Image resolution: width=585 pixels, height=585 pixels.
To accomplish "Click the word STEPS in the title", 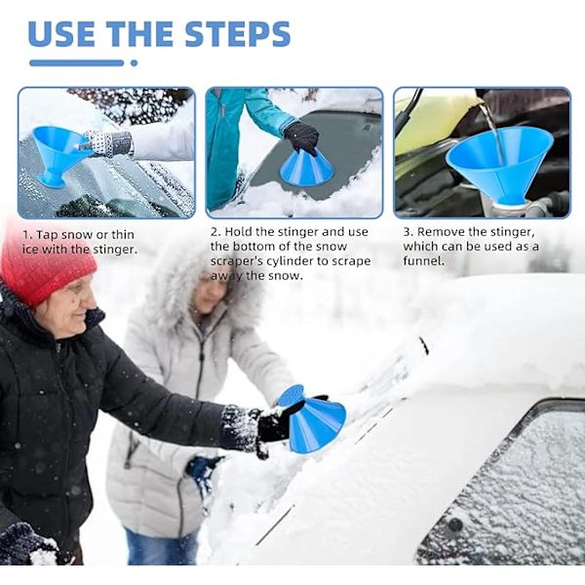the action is click(x=237, y=33).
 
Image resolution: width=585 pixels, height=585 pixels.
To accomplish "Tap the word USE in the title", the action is click(x=61, y=33).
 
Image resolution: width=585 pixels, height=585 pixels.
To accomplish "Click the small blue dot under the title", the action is click(x=134, y=63).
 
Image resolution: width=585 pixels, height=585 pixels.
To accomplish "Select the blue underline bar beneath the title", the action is click(x=76, y=63).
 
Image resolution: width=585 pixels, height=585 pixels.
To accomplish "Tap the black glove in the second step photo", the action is click(x=301, y=137).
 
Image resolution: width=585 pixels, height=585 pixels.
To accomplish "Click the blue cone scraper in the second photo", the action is click(x=307, y=168).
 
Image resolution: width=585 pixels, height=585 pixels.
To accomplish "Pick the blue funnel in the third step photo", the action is click(x=499, y=164).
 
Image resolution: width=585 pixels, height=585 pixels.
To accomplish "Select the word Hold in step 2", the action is click(x=237, y=232).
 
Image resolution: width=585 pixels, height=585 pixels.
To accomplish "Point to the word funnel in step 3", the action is click(x=424, y=260).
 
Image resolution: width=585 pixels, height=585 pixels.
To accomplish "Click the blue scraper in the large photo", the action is click(x=313, y=419).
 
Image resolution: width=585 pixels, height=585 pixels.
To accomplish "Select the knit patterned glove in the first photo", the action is click(x=109, y=143).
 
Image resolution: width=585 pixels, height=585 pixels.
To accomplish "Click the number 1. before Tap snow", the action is click(x=27, y=235).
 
